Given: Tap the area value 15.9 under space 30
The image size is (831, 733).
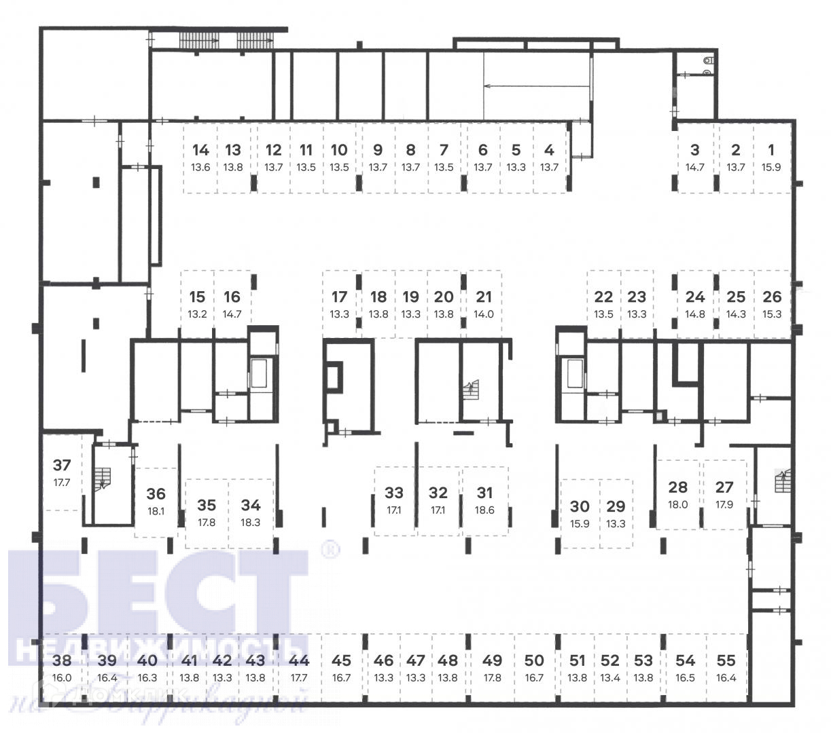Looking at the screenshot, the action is tap(580, 524).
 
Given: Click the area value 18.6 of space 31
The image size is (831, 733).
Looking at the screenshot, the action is tap(484, 510).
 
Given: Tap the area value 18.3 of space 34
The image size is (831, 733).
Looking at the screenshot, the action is tap(251, 523).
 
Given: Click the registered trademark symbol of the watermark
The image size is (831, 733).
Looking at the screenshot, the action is tap(330, 550).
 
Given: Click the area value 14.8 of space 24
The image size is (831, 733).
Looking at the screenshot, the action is tap(695, 314).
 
